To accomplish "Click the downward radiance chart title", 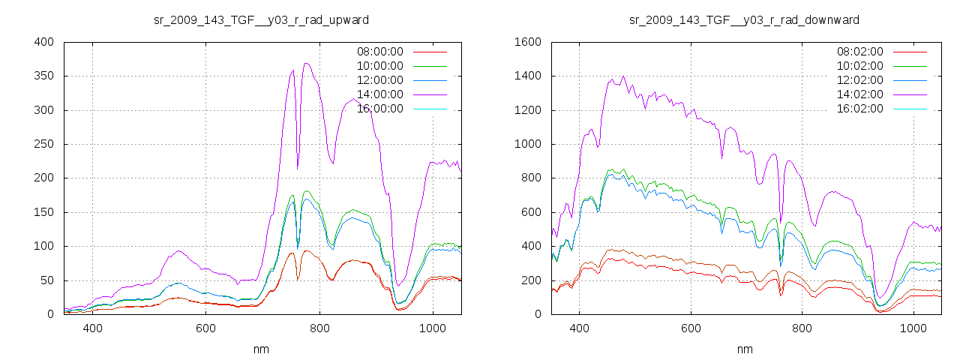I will [744, 19].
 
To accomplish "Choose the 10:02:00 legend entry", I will [859, 66].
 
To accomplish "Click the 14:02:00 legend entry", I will [859, 94].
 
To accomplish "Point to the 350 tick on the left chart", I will [43, 76].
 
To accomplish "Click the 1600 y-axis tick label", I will [527, 42].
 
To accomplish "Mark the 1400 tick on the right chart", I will [527, 76].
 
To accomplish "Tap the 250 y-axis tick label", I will [43, 144].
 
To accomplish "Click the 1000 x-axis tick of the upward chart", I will [433, 328].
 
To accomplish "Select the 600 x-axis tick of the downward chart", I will [691, 328].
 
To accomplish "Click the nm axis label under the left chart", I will [261, 349].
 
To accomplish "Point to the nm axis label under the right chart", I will [744, 349].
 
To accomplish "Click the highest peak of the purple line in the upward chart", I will [306, 64].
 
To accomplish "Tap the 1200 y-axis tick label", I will [527, 110].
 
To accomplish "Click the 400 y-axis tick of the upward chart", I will [43, 42].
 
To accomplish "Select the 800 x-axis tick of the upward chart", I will [319, 328].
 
